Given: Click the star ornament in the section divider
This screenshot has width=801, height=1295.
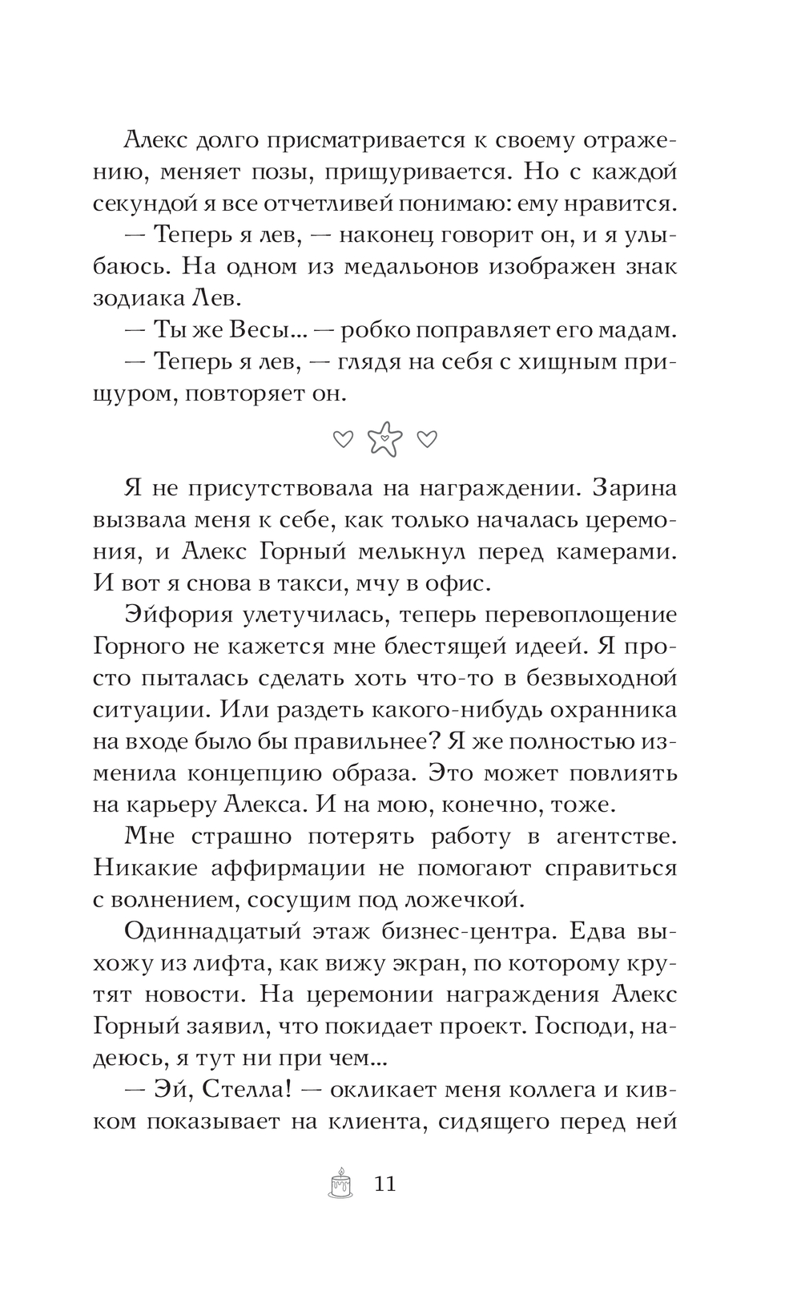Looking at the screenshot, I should (385, 439).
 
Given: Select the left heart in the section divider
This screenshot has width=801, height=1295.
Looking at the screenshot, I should (343, 439).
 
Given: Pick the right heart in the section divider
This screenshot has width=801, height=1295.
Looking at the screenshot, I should (428, 439).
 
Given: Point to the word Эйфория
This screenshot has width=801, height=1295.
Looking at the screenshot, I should (178, 615).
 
